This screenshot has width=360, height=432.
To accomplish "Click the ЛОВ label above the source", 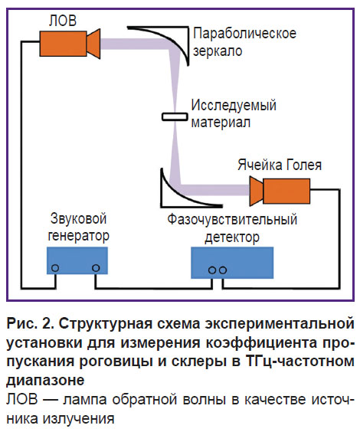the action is (x=63, y=21).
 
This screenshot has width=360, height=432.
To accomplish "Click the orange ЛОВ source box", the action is (x=63, y=44).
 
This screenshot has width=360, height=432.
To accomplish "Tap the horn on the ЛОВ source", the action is (x=93, y=44).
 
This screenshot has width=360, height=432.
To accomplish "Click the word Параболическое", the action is (x=244, y=34).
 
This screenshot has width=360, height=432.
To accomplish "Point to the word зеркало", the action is (x=218, y=51).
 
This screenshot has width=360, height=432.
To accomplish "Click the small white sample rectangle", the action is (x=175, y=117).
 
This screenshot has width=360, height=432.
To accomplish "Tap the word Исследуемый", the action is (x=234, y=105).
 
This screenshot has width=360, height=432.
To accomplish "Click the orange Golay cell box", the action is (x=286, y=191).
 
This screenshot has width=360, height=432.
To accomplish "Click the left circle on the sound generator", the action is (x=55, y=268).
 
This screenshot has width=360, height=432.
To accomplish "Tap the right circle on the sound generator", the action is (x=96, y=268).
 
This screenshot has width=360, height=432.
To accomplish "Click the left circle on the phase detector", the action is (x=212, y=270).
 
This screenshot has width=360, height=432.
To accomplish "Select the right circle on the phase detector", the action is (x=223, y=270).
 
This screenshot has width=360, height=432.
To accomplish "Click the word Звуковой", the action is (x=78, y=219).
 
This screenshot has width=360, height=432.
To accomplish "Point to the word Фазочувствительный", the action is (x=233, y=220).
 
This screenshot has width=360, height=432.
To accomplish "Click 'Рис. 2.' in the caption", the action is (x=31, y=323).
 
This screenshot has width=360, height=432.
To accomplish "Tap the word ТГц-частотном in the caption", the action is (x=299, y=362).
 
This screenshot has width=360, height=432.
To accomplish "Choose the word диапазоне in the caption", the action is (x=45, y=381).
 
